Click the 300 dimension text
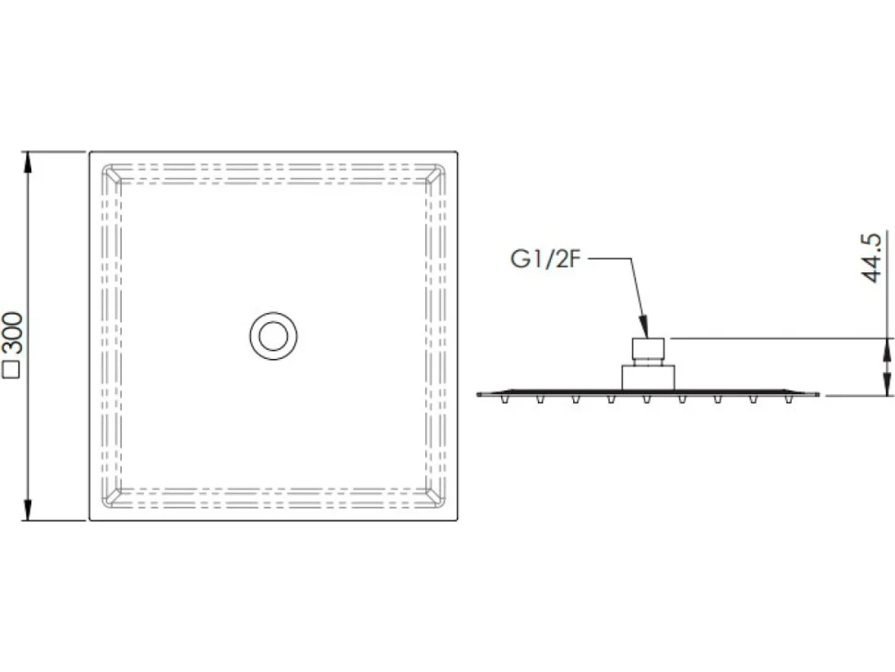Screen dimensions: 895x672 (13, 333)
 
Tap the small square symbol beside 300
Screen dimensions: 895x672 (12, 369)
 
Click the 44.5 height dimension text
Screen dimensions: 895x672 (871, 257)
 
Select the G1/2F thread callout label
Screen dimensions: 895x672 (545, 259)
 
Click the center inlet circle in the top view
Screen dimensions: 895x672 (273, 336)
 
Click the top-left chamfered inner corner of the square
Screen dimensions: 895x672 (112, 174)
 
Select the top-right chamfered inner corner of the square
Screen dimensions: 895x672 (436, 174)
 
